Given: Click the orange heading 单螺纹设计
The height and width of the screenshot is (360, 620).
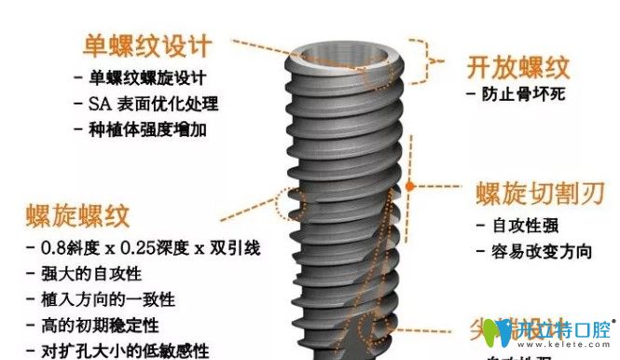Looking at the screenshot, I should coord(146,45).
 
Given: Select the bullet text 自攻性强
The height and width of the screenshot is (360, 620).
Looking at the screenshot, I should coord(521,226).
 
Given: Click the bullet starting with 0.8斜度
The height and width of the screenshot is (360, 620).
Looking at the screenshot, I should coord(150,249).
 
